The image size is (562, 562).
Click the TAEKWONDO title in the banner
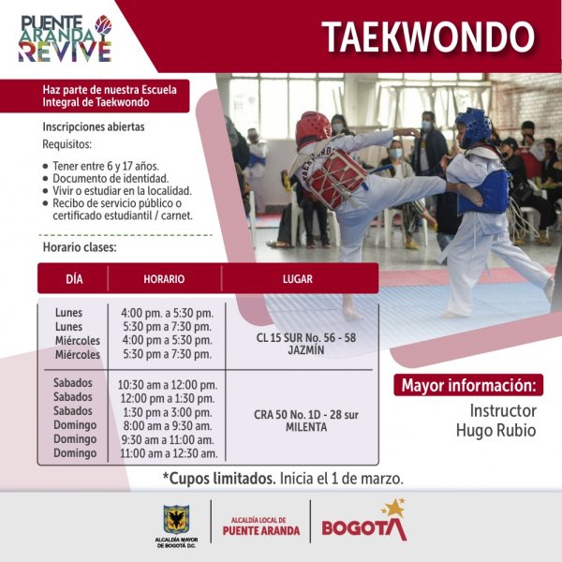428,37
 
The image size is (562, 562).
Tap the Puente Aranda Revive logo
66,38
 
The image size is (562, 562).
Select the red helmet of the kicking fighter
312,128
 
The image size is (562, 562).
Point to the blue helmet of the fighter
474,126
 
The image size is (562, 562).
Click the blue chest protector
484,192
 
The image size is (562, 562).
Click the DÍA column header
74,279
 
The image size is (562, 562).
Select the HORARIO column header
164,279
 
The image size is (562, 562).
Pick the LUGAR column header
298,279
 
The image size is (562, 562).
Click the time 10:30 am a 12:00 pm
168,385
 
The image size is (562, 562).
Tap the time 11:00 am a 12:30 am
169,453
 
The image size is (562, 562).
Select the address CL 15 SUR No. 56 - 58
306,337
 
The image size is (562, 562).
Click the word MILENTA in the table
306,427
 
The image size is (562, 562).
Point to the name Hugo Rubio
496,431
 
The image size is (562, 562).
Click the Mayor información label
469,385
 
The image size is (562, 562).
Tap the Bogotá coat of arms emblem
176,519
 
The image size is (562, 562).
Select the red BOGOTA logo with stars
364,521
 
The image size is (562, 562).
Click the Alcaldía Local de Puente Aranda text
261,526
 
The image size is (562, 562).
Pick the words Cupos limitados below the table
219,479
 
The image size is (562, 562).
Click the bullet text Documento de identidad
111,179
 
